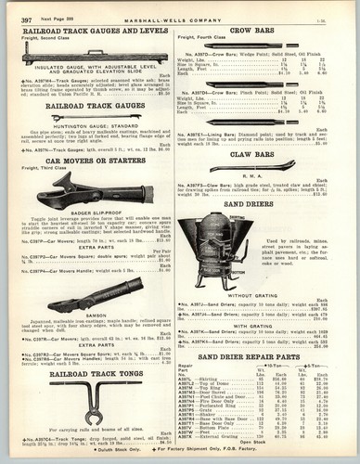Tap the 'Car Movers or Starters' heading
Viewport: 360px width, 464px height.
click(x=90, y=160)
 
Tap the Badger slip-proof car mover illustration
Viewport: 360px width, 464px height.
click(x=93, y=195)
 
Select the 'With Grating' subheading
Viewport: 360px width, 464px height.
click(x=265, y=325)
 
